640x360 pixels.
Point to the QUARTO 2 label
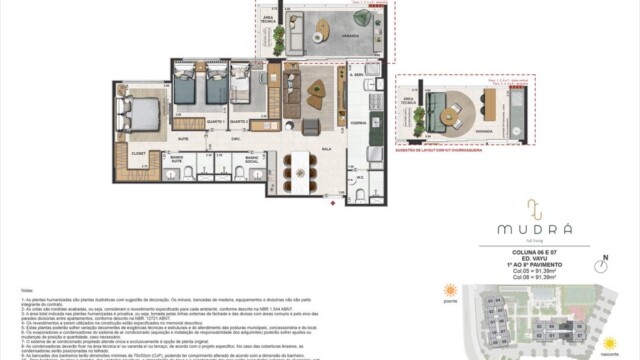(x=238, y=121)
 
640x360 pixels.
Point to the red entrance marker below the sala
(x=332, y=202)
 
